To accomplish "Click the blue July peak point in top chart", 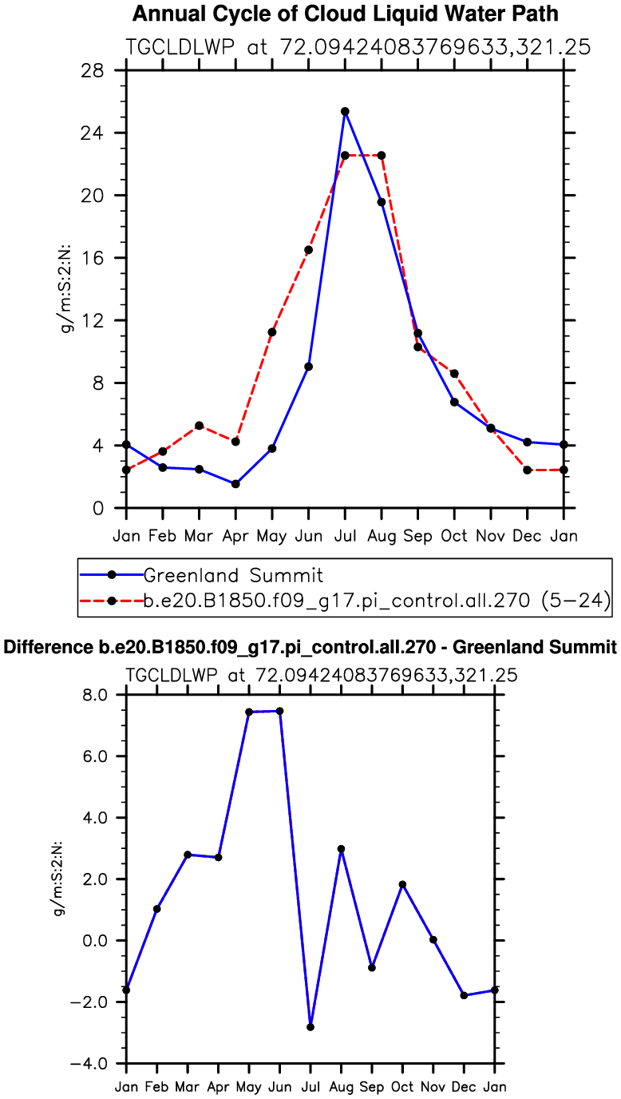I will click(345, 112).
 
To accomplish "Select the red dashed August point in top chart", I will click(382, 155).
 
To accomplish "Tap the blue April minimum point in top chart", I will click(235, 484).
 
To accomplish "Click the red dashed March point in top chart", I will click(199, 426).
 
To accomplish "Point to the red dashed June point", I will click(308, 250).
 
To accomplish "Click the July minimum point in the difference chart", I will click(310, 1027).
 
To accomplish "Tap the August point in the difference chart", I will click(341, 849).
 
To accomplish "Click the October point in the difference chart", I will click(402, 884).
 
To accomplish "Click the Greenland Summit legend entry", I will click(231, 573).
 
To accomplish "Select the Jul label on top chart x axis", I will click(345, 534).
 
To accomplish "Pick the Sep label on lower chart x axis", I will click(372, 1086).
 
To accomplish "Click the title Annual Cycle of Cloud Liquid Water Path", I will click(345, 14).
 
